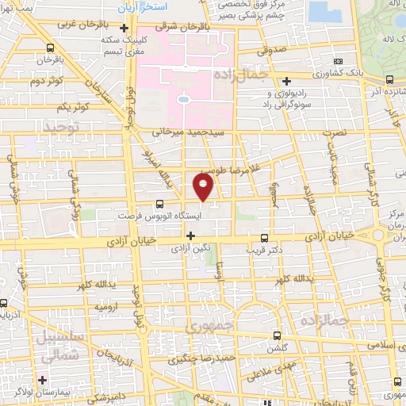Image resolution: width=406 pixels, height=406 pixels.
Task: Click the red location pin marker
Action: coord(204,186)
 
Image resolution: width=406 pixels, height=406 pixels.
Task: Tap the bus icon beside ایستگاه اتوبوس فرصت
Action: coord(161,204)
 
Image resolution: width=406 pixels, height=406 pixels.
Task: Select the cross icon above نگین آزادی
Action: coord(190,235)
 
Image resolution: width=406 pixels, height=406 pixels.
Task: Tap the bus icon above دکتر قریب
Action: coord(264,237)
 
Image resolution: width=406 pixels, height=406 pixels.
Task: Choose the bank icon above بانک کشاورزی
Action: coord(339,61)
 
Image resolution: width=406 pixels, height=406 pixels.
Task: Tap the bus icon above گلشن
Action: coord(276,335)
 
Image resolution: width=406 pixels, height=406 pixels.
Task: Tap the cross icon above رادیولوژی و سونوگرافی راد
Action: coord(286,80)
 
